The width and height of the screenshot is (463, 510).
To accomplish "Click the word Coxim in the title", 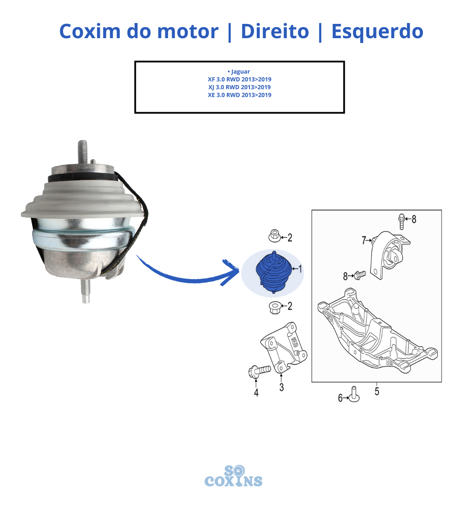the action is pos(90,31).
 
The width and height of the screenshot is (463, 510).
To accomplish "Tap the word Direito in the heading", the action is pos(275,31).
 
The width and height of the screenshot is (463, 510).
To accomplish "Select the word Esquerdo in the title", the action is pos(377,32).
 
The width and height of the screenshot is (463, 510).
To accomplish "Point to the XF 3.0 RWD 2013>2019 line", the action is pos(240,80).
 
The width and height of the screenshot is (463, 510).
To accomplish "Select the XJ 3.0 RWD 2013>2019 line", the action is pos(240,87).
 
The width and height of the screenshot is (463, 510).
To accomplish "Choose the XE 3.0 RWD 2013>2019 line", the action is pos(240,95).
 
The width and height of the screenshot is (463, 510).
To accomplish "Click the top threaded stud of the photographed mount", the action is pos(83,151).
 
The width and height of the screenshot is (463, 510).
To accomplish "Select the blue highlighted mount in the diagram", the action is pos(273,272).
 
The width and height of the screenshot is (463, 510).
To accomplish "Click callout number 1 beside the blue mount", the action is pos(300,269).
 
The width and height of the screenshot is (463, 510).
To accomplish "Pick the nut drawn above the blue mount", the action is pos(274,236).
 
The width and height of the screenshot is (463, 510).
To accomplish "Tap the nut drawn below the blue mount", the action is pos(275,307).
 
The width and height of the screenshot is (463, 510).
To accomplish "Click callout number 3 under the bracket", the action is pos(282,387).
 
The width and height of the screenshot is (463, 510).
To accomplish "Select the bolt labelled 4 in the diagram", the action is pos(259,372).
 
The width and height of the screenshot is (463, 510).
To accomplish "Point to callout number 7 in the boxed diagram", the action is pos(364,241).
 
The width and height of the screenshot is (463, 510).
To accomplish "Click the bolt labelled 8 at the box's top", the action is pos(402,222).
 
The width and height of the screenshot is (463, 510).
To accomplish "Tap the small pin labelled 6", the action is pos(354,395).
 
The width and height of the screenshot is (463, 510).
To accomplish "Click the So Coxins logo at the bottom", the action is pos(233,476).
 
